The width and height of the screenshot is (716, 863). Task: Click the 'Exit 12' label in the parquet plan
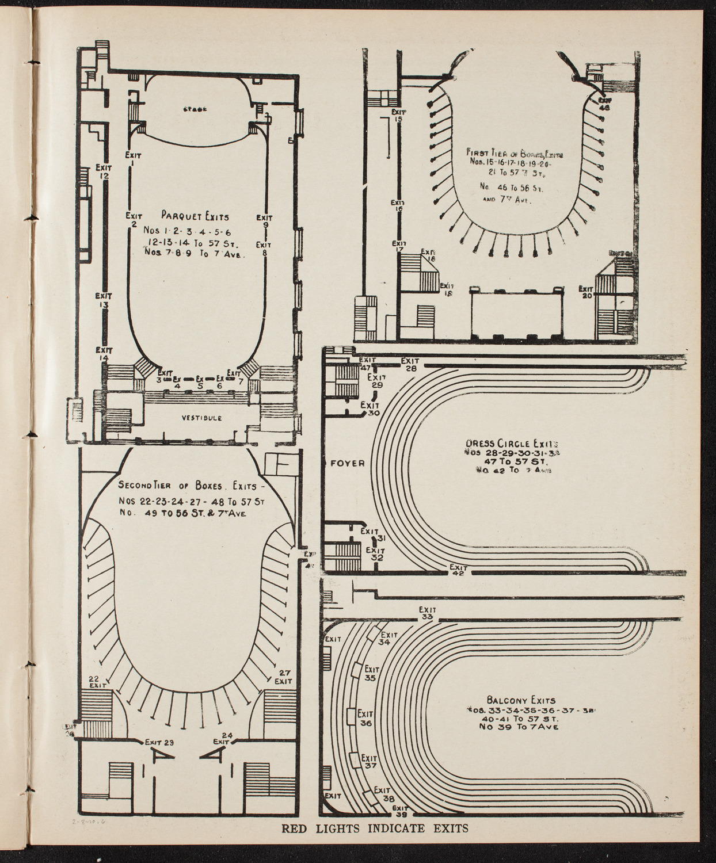tap(105, 171)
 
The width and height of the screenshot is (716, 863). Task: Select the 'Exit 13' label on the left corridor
tap(104, 300)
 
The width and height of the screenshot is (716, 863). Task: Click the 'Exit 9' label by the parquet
tap(265, 222)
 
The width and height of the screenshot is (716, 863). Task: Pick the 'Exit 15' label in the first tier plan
tap(398, 115)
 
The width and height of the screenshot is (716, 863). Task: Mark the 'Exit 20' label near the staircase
tap(586, 292)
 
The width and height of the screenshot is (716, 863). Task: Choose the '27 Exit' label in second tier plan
tap(283, 677)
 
